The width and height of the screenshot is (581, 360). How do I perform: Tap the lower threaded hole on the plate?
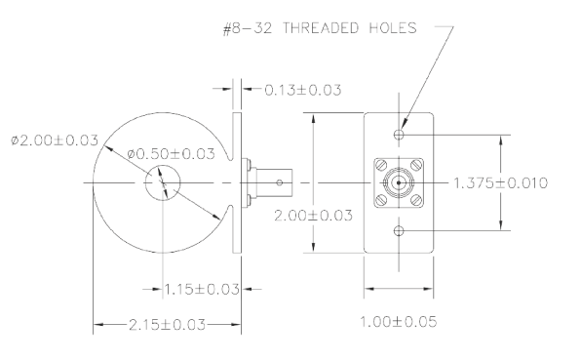pyautogui.click(x=398, y=230)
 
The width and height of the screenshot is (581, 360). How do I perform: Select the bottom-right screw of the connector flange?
pyautogui.click(x=415, y=200)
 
